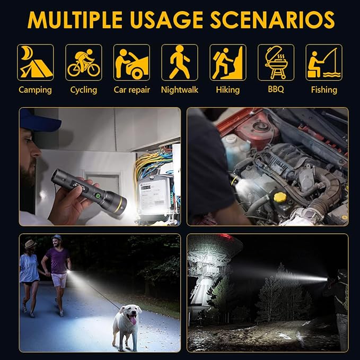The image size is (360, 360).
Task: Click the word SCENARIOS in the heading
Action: [x=273, y=20]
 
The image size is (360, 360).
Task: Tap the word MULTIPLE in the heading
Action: [x=75, y=20]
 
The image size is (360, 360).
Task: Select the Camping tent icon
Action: [x=36, y=63]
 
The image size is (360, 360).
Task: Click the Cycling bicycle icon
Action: [x=84, y=63]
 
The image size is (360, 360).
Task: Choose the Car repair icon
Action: [x=131, y=63]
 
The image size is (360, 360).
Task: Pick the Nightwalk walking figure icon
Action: [x=180, y=63]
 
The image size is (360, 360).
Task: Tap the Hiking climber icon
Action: [x=228, y=63]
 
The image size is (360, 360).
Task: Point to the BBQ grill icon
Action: [x=276, y=63]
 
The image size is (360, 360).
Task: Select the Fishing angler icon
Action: [x=324, y=63]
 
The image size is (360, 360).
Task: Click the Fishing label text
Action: [x=324, y=90]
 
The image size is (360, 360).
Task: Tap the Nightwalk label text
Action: [x=180, y=90]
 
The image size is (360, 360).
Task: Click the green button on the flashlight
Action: [x=98, y=196]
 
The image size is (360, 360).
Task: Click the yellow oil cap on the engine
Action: [x=280, y=197]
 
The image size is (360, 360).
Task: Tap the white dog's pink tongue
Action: [x=133, y=320]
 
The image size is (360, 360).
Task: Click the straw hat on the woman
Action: [x=30, y=243]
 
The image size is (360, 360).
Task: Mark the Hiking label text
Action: [x=228, y=90]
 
